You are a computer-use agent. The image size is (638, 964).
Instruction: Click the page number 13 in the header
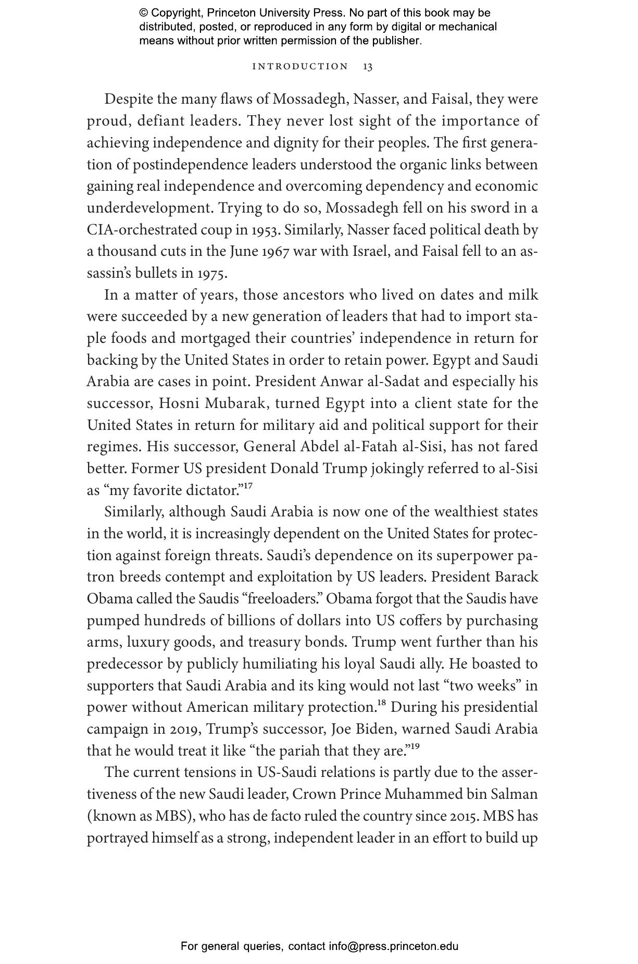(368, 67)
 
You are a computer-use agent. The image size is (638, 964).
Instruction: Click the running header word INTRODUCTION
(300, 67)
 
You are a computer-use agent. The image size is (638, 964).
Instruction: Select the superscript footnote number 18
(381, 703)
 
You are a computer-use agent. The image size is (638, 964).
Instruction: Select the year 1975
(212, 274)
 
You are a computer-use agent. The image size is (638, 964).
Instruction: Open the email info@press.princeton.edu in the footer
(393, 946)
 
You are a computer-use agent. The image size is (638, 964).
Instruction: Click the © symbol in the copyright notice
(144, 13)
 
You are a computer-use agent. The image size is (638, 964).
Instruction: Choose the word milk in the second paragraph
(523, 295)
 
